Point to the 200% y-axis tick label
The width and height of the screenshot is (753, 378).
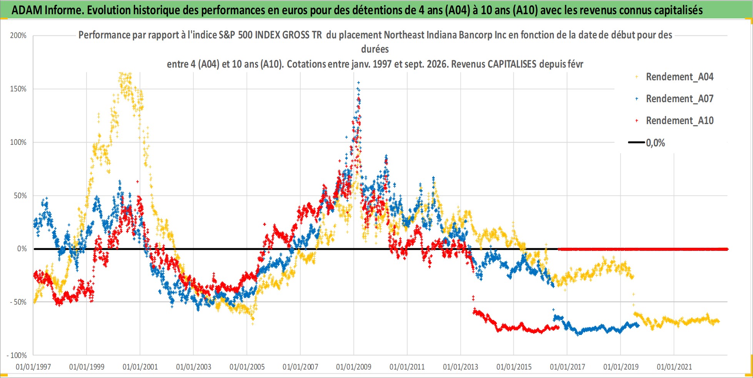pyautogui.click(x=18, y=36)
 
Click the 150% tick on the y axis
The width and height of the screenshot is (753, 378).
pyautogui.click(x=18, y=89)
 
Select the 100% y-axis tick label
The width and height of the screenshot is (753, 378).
pyautogui.click(x=18, y=143)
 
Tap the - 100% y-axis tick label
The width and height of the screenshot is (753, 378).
pyautogui.click(x=17, y=356)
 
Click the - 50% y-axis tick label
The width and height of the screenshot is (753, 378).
pyautogui.click(x=18, y=302)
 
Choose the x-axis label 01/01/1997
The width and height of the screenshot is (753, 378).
pyautogui.click(x=33, y=367)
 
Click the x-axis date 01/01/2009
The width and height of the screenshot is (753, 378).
pyautogui.click(x=354, y=367)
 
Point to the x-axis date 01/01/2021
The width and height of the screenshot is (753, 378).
pyautogui.click(x=674, y=367)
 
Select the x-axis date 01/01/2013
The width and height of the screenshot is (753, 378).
pyautogui.click(x=460, y=367)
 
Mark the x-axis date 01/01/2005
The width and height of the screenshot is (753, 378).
pyautogui.click(x=247, y=367)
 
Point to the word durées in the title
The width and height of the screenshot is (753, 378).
pyautogui.click(x=375, y=49)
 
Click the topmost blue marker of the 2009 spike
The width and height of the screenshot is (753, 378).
pyautogui.click(x=359, y=83)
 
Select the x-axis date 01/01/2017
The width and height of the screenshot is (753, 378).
pyautogui.click(x=567, y=367)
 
